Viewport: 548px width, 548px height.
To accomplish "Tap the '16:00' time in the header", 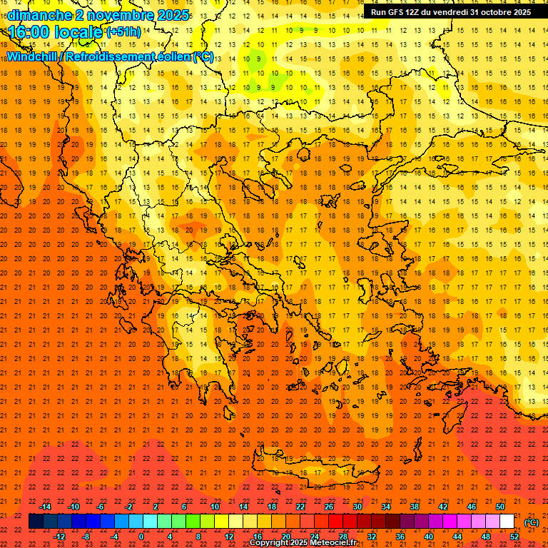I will click(x=29, y=32).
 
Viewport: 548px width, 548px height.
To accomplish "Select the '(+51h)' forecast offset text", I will click(x=123, y=32).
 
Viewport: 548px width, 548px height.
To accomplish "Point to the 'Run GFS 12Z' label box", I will click(x=450, y=12).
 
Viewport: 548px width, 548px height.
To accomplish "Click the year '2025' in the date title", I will click(x=172, y=14).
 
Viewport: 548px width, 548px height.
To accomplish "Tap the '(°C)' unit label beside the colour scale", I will click(x=532, y=522).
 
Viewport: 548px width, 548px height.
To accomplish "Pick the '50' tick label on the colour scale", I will click(x=500, y=507).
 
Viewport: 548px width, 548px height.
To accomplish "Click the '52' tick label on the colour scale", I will click(x=514, y=537).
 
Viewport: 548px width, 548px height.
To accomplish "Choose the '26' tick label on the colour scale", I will click(x=329, y=507).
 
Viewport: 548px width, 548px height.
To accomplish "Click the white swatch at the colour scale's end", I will click(x=507, y=522).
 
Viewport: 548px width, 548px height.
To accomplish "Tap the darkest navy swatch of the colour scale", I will click(x=36, y=522).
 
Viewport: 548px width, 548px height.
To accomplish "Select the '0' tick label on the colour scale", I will click(x=141, y=537).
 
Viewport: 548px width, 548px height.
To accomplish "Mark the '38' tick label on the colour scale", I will click(x=415, y=507).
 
